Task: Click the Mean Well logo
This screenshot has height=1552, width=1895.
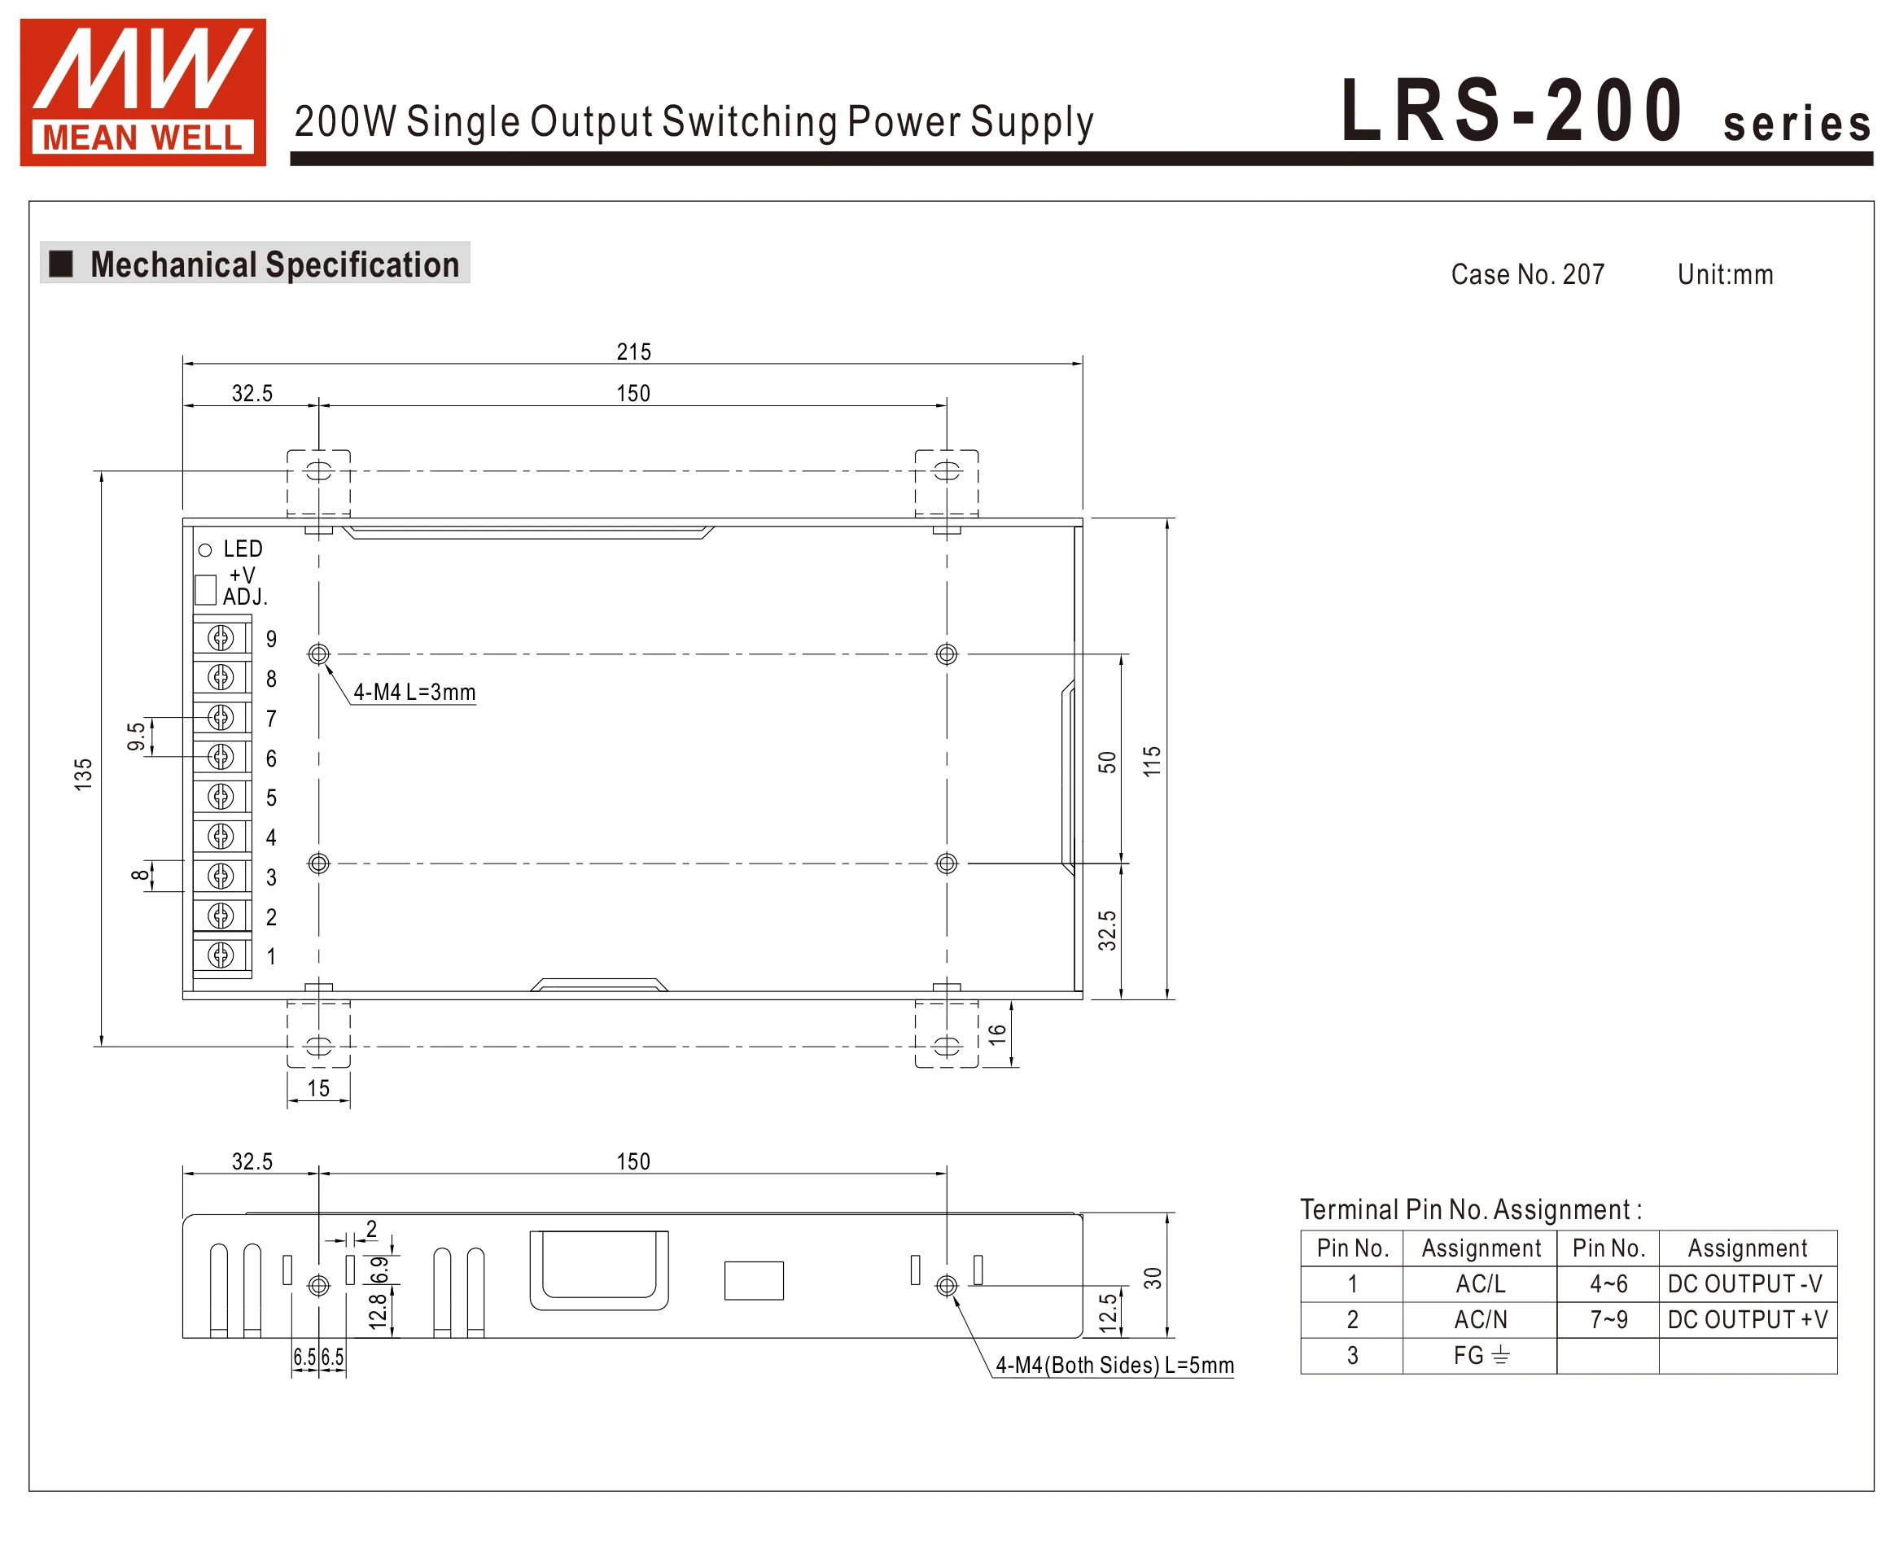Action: point(142,92)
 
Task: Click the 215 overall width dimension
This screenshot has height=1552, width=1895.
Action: point(633,352)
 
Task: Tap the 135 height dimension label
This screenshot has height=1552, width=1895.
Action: point(83,773)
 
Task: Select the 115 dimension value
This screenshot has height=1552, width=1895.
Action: point(1152,760)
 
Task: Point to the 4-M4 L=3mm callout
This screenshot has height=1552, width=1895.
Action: point(414,692)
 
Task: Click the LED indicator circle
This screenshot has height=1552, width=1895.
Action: point(205,550)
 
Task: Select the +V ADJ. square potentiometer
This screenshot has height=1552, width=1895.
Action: point(205,589)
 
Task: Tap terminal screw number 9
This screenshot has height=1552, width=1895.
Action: point(221,637)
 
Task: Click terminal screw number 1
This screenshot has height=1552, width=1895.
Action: point(221,955)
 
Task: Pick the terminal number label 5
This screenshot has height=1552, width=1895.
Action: point(271,798)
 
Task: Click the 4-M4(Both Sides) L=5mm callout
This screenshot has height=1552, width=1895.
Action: point(1114,1365)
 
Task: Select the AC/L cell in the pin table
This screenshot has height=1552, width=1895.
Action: point(1480,1283)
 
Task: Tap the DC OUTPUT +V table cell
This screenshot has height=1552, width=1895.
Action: point(1748,1319)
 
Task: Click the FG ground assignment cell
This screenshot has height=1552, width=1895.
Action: point(1480,1355)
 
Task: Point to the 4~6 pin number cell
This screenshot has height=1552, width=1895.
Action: point(1608,1283)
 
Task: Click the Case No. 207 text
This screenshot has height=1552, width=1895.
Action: point(1527,274)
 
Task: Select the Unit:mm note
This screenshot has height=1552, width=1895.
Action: point(1725,274)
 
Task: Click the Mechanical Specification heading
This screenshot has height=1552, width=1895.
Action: point(274,264)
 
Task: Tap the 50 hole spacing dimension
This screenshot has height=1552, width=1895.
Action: point(1107,762)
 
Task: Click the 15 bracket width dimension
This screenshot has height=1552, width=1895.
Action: point(318,1088)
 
